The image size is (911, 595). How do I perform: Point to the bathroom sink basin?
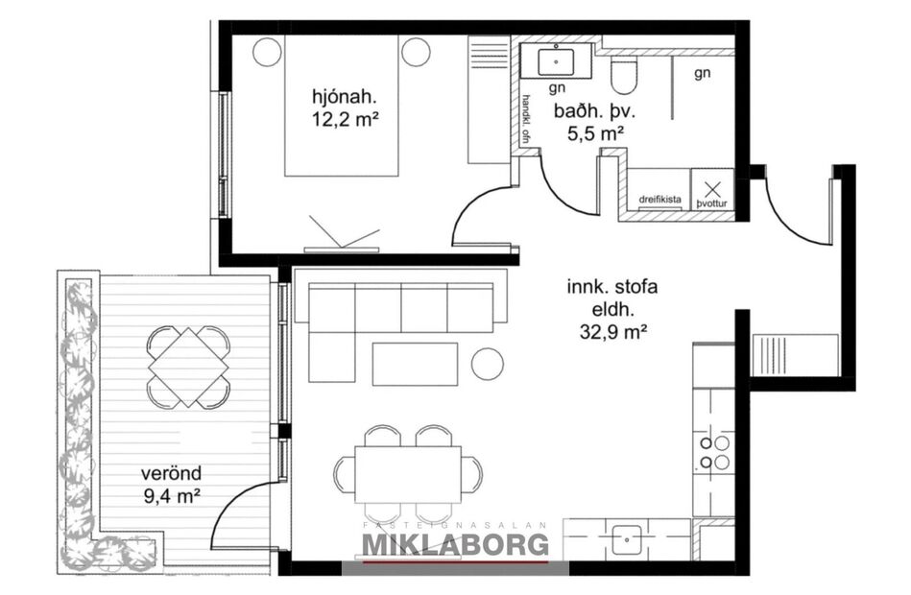click(x=556, y=61)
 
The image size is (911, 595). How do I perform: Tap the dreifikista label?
click(x=660, y=200)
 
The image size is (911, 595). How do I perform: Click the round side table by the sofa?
click(x=489, y=363)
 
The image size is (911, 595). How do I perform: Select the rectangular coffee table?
click(x=414, y=364)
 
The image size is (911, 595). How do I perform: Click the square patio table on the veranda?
click(x=189, y=367)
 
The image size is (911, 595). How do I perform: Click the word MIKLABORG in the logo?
click(x=455, y=545)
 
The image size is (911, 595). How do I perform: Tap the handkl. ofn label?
click(x=526, y=120)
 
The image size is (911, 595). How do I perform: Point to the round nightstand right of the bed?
click(x=416, y=52)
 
